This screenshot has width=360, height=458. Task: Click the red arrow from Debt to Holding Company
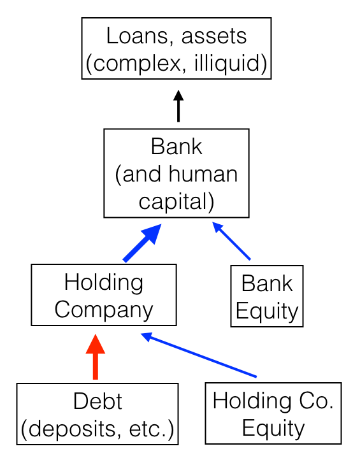pos(95,358)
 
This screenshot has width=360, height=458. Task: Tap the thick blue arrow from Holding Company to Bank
pos(141,243)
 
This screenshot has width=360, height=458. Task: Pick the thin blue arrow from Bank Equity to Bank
pos(231,241)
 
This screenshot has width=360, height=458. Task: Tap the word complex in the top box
pos(131,64)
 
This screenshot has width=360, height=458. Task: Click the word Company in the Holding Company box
pos(103,310)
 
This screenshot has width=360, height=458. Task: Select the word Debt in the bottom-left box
pos(97,401)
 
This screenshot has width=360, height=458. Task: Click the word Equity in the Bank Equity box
pos(266,311)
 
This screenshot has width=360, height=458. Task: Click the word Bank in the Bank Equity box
pos(266,283)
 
